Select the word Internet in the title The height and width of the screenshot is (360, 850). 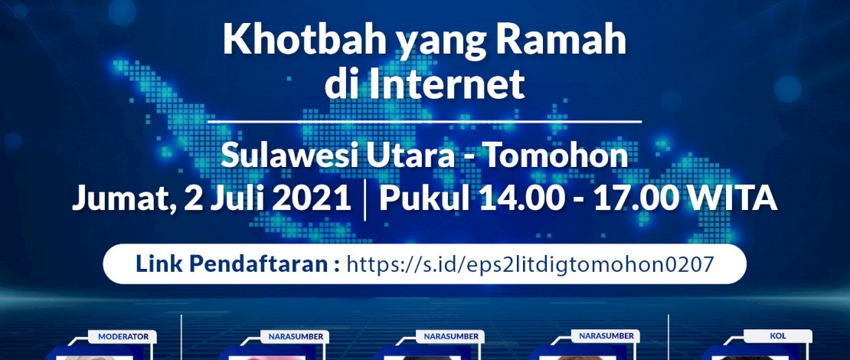pyautogui.click(x=447, y=84)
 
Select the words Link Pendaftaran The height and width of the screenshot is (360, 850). pyautogui.click(x=237, y=264)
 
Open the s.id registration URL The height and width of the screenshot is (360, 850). pyautogui.click(x=530, y=265)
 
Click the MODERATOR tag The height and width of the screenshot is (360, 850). pyautogui.click(x=127, y=336)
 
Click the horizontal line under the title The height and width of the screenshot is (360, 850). pyautogui.click(x=424, y=121)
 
